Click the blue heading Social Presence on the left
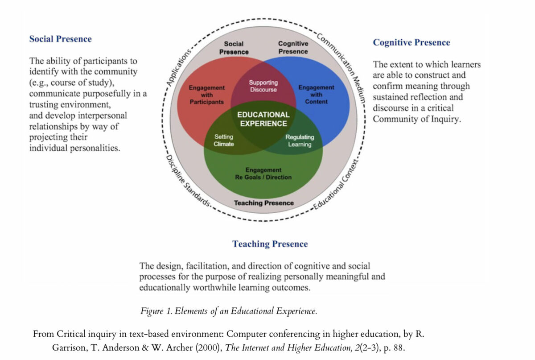[x=60, y=39]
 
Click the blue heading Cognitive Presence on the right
[x=411, y=42]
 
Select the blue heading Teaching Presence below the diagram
[x=270, y=244]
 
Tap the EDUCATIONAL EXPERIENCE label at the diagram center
[x=263, y=119]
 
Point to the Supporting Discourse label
[x=263, y=86]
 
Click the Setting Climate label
[x=223, y=141]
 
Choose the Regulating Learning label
[x=300, y=141]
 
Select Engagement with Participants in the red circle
[x=206, y=95]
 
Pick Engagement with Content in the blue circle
[x=316, y=95]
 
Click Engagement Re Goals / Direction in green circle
[x=263, y=174]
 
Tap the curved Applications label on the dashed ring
[x=178, y=67]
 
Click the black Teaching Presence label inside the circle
[x=263, y=203]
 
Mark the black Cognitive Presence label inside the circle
[x=293, y=48]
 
